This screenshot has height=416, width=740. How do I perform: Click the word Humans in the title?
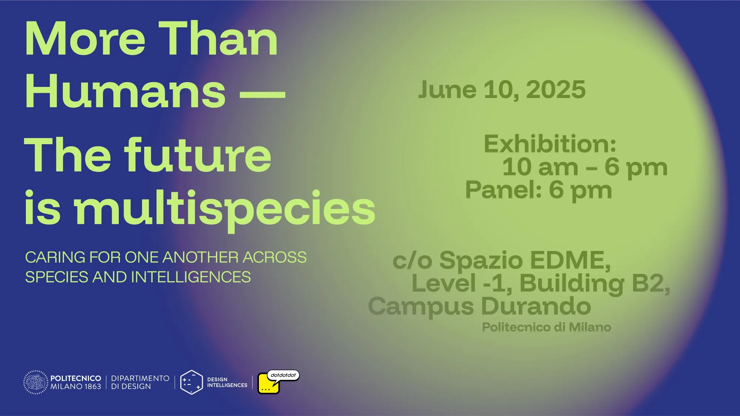[x=125, y=91]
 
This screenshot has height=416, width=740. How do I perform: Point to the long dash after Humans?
[x=263, y=94]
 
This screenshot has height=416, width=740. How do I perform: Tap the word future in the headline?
[x=198, y=155]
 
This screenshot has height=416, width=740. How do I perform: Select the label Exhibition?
[x=550, y=144]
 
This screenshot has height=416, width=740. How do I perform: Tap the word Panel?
[x=504, y=190]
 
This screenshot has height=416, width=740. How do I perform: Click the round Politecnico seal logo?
[x=36, y=382]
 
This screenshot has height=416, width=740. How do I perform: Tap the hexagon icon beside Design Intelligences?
[x=191, y=382]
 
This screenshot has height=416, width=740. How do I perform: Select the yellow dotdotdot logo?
[x=278, y=382]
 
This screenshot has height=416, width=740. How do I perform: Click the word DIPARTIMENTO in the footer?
[x=140, y=378]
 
